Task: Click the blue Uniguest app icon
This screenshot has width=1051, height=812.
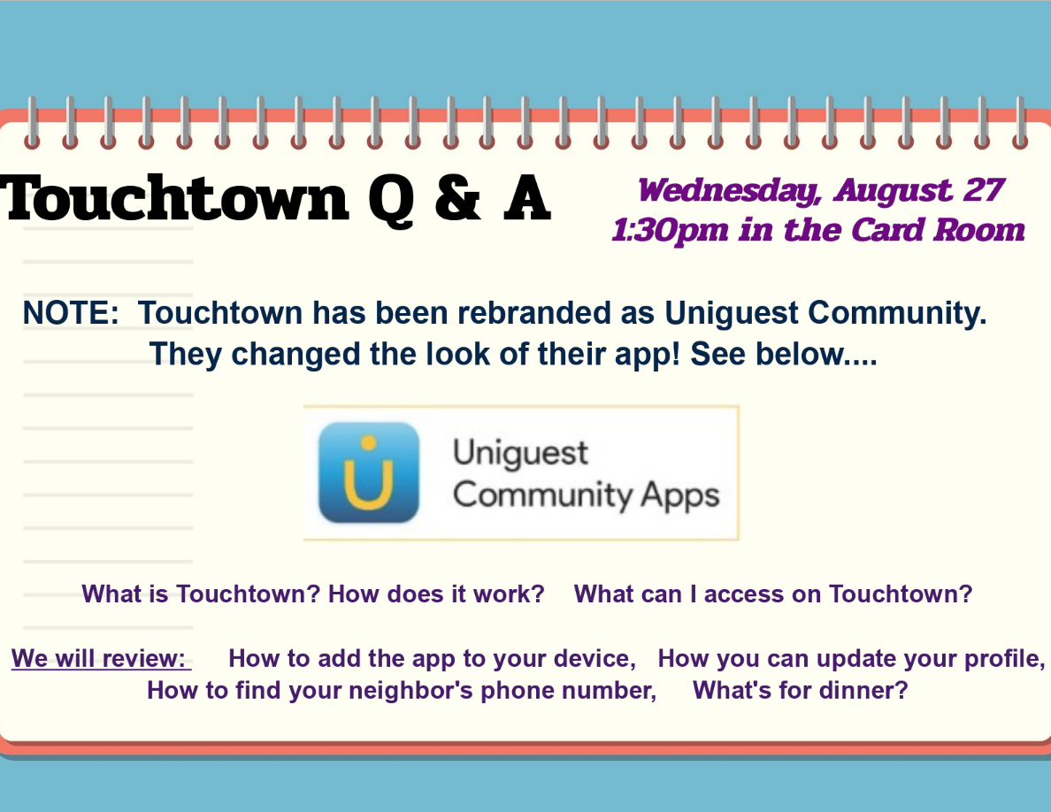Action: tap(369, 472)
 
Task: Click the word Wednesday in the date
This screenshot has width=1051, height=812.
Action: tap(729, 191)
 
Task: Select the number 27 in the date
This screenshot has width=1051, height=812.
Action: tap(983, 189)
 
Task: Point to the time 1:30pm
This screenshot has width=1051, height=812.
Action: tap(670, 231)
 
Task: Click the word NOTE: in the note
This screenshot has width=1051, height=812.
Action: tap(71, 313)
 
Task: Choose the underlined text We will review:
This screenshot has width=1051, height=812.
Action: tap(101, 659)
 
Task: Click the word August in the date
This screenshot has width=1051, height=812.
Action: tap(893, 191)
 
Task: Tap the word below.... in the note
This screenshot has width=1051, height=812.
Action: tap(817, 354)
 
